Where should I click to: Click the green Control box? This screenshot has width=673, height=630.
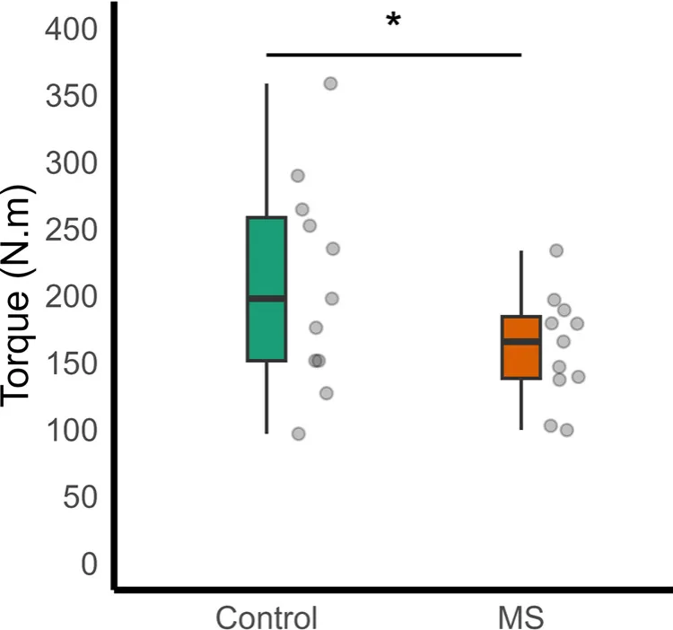267,260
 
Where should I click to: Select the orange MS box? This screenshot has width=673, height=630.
521,359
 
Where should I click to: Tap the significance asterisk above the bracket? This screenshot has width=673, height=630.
393,22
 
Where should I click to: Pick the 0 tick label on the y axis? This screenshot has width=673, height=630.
89,564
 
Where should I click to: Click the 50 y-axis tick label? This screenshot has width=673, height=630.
79,497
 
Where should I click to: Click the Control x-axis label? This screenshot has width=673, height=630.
267,618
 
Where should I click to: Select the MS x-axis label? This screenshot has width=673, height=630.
521,618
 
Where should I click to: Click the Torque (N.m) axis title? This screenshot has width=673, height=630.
20,296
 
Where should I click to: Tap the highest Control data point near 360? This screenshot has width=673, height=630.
330,83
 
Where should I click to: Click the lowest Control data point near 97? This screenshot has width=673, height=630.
299,433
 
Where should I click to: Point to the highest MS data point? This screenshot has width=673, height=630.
556,250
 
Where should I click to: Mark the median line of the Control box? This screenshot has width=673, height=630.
267,298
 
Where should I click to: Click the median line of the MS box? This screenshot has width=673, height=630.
521,341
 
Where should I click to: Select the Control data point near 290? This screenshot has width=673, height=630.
298,175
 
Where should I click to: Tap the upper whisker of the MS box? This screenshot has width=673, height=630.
521,283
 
